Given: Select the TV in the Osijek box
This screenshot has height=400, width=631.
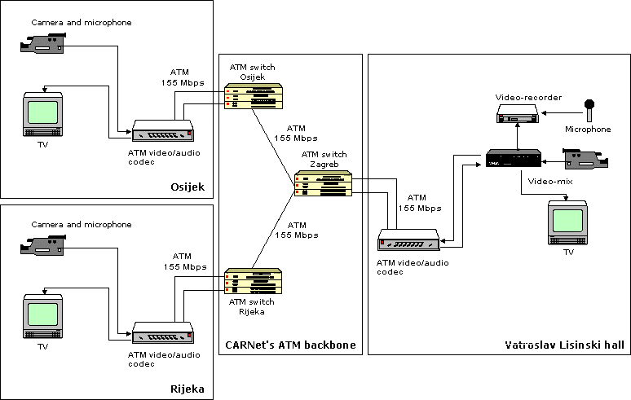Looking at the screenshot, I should point(42,115).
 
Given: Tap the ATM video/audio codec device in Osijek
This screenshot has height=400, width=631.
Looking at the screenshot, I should point(163,130).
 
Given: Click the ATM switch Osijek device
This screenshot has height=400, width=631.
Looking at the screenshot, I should point(254,97).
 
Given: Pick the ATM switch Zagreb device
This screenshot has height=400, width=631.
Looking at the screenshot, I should point(324,183).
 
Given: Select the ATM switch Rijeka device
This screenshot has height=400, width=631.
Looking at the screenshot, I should point(254,281).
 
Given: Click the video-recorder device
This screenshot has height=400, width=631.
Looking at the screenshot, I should point(519,116).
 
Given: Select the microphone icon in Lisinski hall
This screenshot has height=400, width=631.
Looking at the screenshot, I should point(589,110).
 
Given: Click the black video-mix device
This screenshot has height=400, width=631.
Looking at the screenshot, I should point(514,159).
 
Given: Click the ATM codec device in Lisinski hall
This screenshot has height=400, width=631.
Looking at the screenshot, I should point(409,240).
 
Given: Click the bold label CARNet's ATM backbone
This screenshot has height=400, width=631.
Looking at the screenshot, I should point(290,345).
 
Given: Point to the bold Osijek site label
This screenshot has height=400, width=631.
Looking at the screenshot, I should point(187,188).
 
